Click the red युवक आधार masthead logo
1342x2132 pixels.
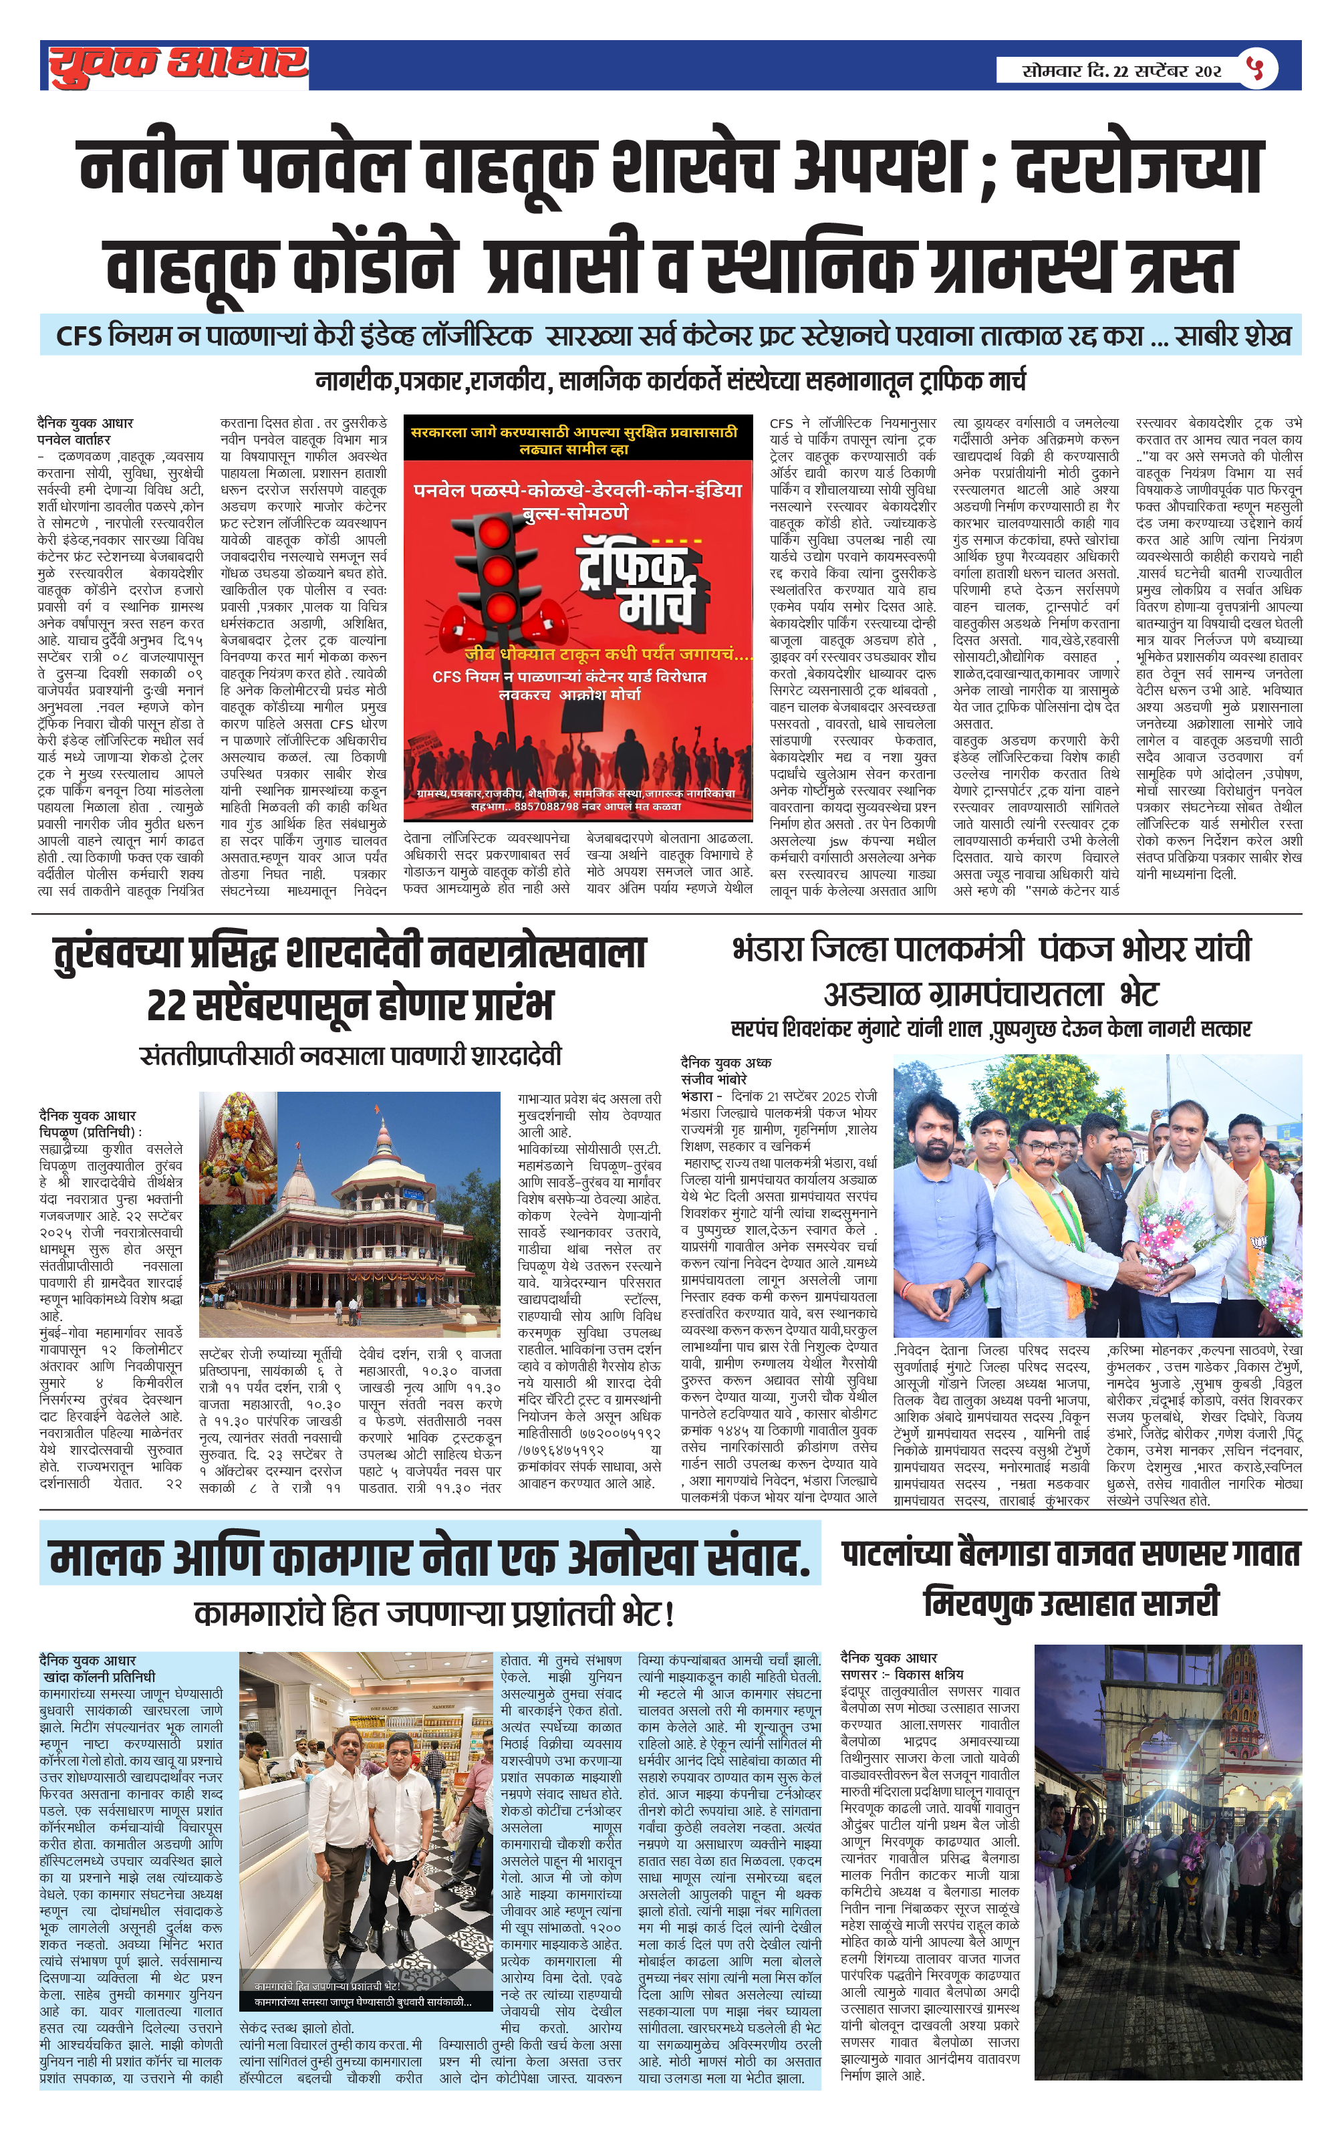[x=177, y=66]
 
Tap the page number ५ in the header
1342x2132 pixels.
[x=1257, y=68]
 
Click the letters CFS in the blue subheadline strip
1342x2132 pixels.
[x=80, y=336]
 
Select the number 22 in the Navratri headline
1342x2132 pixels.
[x=166, y=1005]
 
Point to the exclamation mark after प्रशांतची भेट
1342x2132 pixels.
[x=669, y=1614]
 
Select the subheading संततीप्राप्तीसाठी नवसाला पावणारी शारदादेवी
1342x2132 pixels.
[x=351, y=1056]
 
